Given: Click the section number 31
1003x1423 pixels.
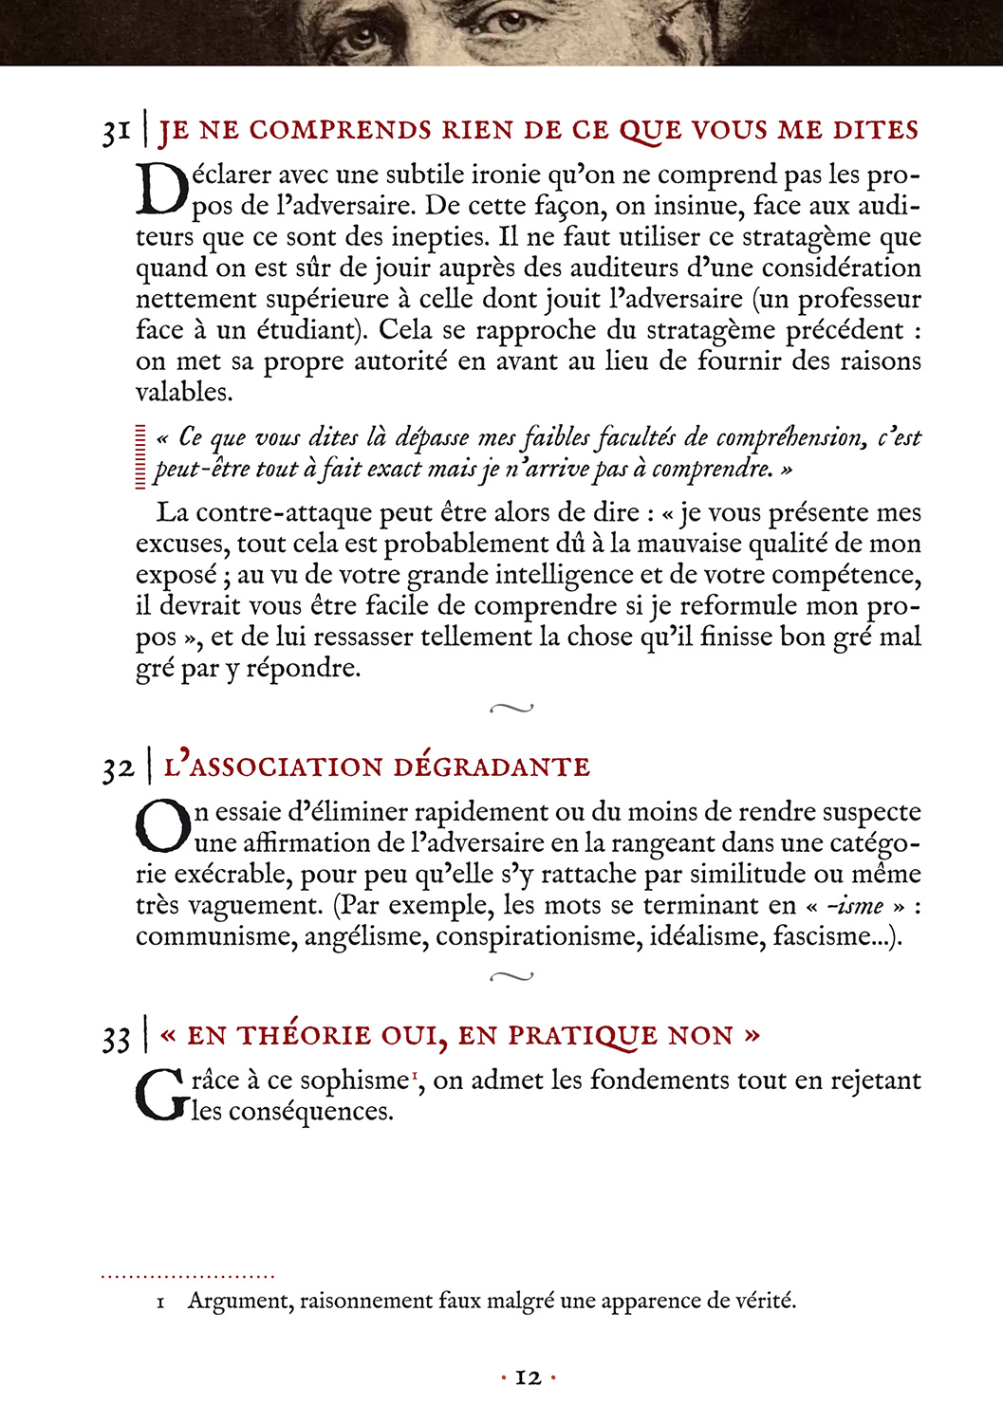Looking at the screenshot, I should [116, 132].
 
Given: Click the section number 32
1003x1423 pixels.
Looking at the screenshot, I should [119, 768].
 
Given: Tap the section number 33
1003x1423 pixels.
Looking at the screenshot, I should [116, 1038].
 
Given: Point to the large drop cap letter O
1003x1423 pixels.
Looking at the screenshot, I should [163, 826].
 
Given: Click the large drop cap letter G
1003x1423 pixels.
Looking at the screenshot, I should [161, 1095].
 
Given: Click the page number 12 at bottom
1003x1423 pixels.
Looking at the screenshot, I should [528, 1377].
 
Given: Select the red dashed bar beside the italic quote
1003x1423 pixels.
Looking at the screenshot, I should [140, 455].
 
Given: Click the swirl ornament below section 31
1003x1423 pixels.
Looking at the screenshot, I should [511, 708].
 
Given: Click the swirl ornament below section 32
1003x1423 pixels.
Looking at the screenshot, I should [511, 976].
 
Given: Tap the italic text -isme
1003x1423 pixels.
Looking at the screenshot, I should [854, 906].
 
